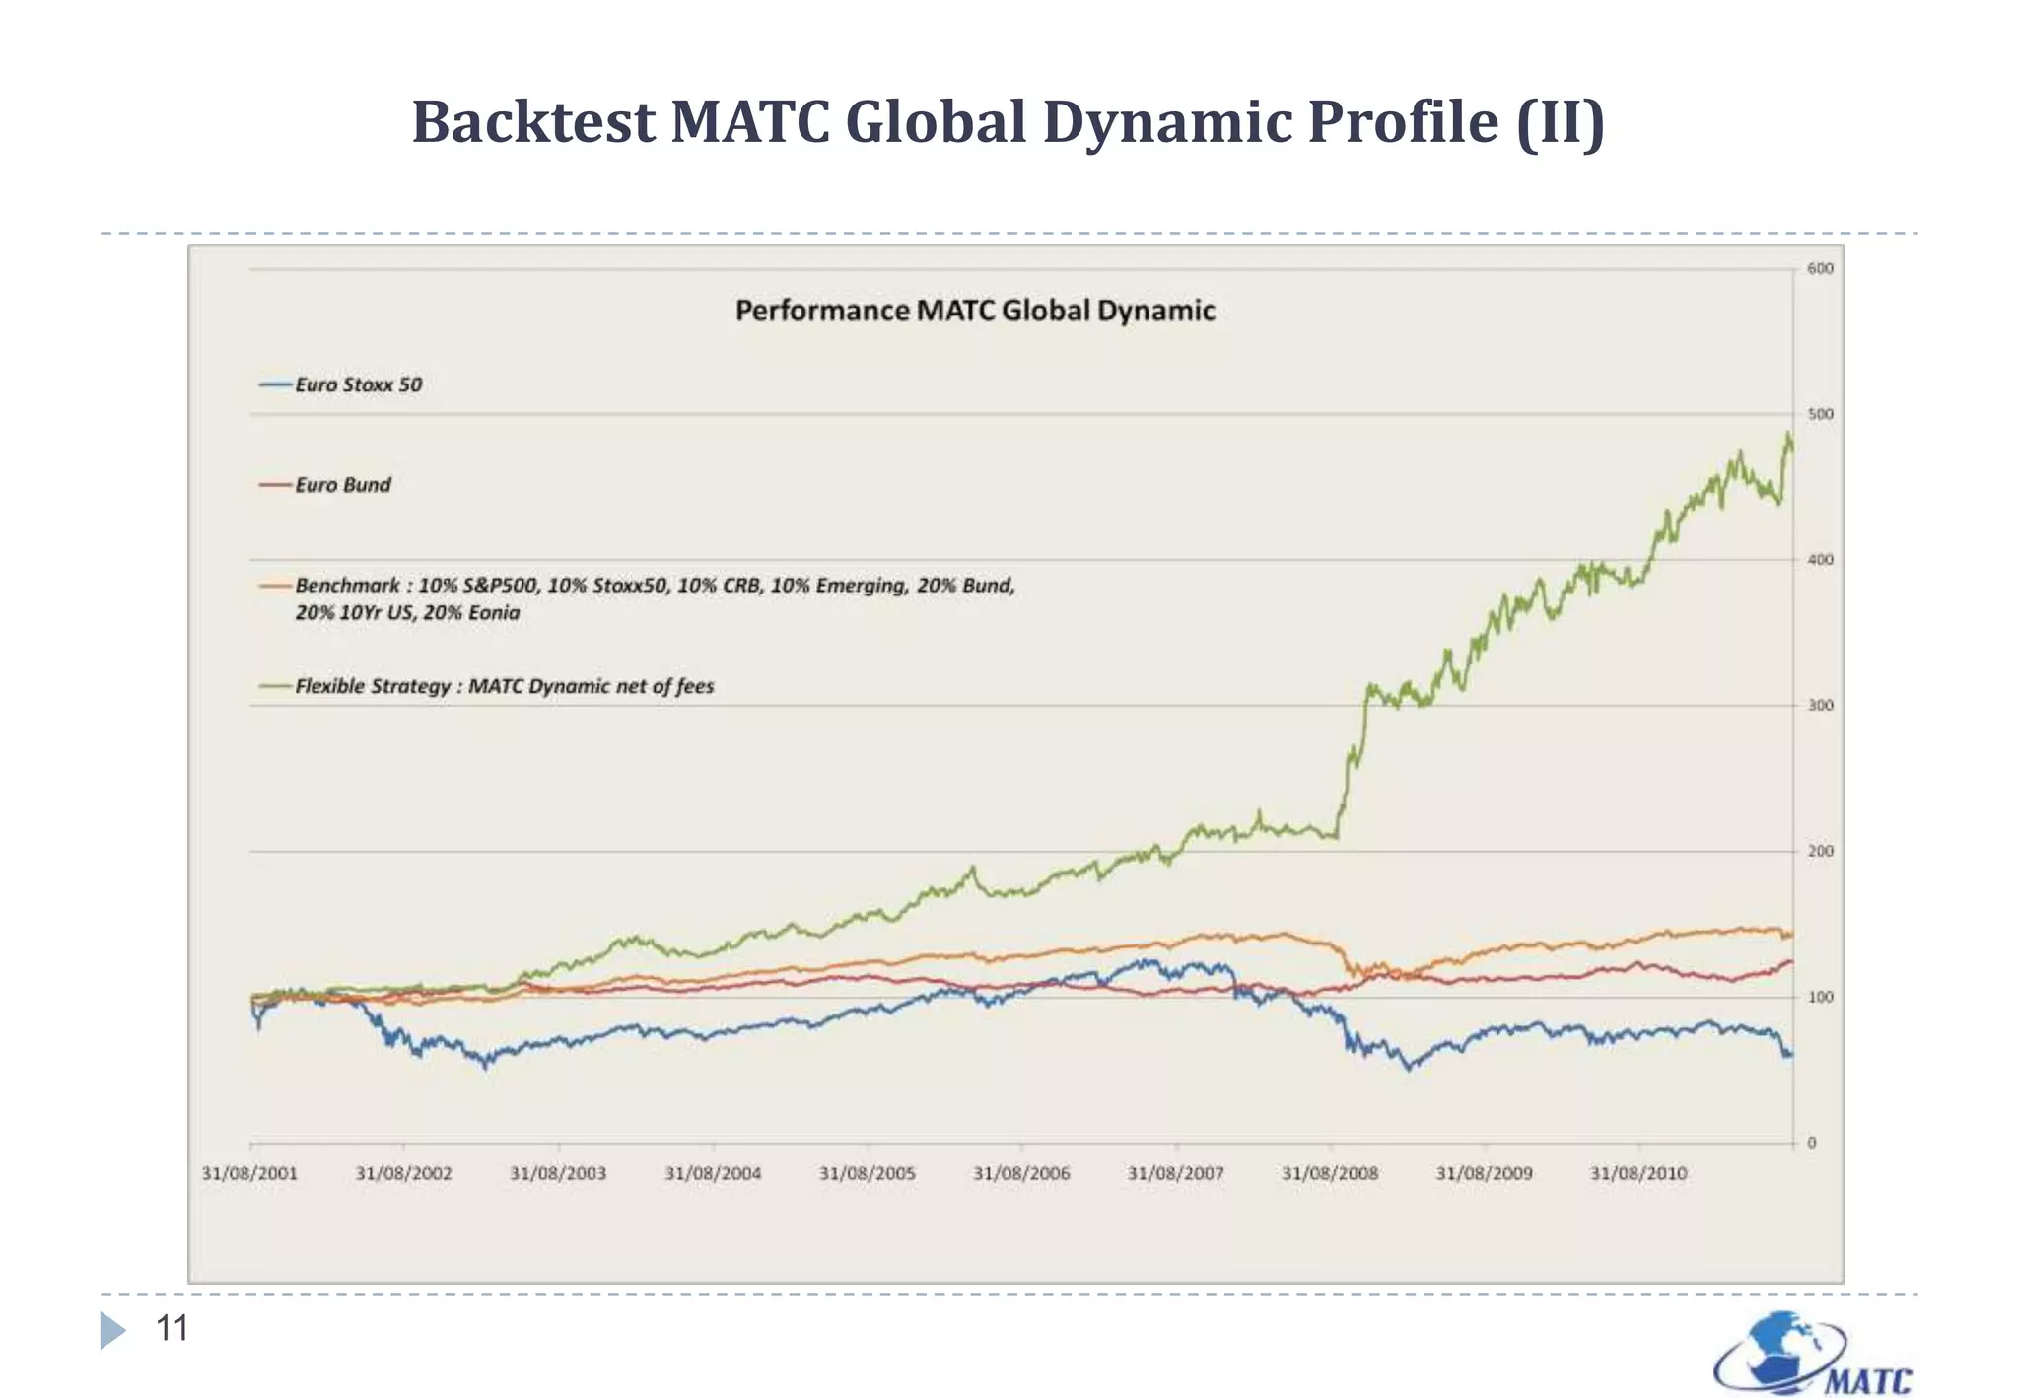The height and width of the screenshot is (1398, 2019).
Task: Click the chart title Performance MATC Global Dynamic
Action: click(974, 311)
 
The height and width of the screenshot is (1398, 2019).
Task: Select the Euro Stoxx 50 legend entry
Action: click(358, 384)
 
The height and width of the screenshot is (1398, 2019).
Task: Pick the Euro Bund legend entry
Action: click(342, 484)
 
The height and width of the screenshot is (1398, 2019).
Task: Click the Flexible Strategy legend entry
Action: click(504, 686)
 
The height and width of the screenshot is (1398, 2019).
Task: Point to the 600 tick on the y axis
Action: click(1820, 268)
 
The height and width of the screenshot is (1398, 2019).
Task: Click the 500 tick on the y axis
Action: click(1820, 414)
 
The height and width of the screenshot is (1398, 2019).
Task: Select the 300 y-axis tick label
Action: click(1820, 705)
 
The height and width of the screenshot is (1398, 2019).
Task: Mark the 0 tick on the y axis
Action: click(1811, 1143)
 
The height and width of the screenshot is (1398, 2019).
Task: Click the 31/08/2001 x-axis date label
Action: click(248, 1173)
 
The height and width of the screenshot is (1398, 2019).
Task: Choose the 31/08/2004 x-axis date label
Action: click(712, 1173)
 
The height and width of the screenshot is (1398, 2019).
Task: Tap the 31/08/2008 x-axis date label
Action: click(1329, 1173)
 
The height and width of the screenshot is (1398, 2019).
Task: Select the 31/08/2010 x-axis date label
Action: click(1637, 1173)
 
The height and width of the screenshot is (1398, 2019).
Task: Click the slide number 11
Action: click(172, 1328)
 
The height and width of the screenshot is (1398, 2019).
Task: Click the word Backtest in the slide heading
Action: click(533, 122)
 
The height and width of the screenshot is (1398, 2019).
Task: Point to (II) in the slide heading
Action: click(1560, 122)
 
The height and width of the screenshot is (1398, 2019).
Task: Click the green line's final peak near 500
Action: click(1787, 435)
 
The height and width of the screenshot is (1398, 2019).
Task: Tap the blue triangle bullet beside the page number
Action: click(112, 1330)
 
